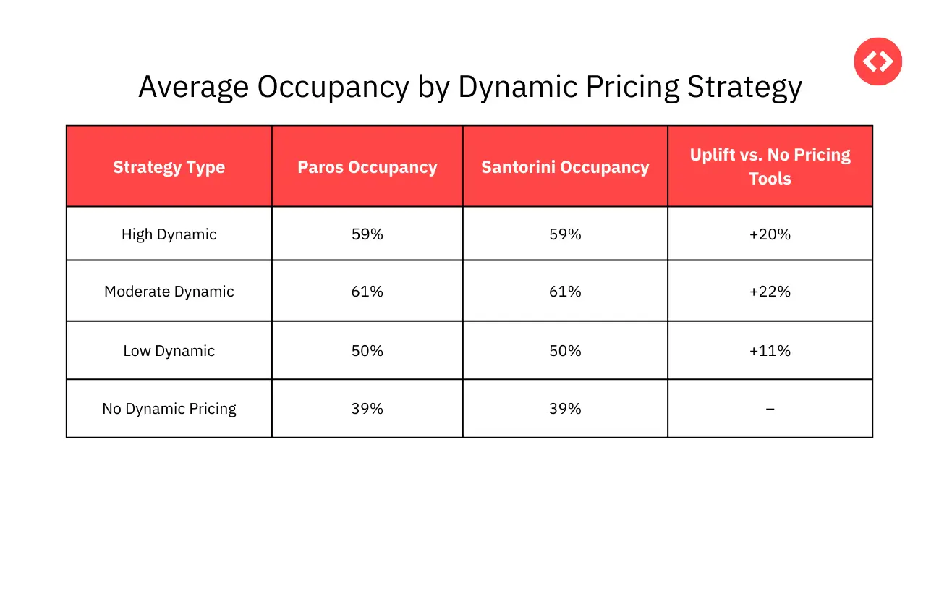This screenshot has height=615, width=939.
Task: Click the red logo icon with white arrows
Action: (878, 61)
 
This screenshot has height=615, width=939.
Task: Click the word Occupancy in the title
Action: (333, 88)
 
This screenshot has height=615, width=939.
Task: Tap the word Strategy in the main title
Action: (744, 88)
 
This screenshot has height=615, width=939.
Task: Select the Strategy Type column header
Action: (169, 167)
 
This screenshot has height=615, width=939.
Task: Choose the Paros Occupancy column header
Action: (367, 167)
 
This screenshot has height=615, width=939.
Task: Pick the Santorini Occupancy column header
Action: (565, 167)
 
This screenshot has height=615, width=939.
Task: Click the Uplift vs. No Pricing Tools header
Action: (770, 166)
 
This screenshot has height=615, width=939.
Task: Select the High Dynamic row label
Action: (169, 234)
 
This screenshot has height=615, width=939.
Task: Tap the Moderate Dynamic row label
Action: (169, 292)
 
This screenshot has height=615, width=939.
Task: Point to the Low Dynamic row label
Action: (169, 351)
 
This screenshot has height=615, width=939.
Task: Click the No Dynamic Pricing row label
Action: (169, 409)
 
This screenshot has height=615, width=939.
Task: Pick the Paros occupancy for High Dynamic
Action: (367, 234)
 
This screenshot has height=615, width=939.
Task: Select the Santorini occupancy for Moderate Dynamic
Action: (565, 292)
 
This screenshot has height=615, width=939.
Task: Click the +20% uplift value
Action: (770, 234)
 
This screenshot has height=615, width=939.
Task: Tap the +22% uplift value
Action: (770, 292)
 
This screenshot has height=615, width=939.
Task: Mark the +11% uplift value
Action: (770, 351)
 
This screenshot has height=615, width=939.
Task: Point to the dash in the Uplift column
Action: (770, 410)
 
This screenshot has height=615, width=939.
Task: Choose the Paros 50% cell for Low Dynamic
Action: (367, 351)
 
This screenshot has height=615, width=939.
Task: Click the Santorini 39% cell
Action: (565, 409)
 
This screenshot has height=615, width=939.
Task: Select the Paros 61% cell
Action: (367, 292)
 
